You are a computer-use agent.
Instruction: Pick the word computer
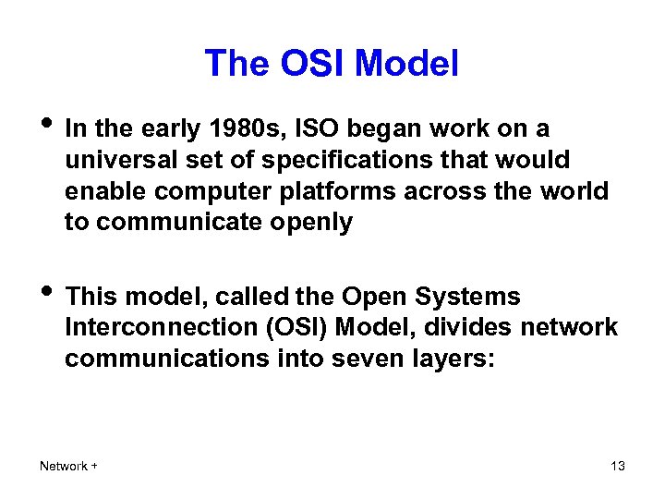tap(194, 191)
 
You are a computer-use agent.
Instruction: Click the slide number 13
tap(618, 466)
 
